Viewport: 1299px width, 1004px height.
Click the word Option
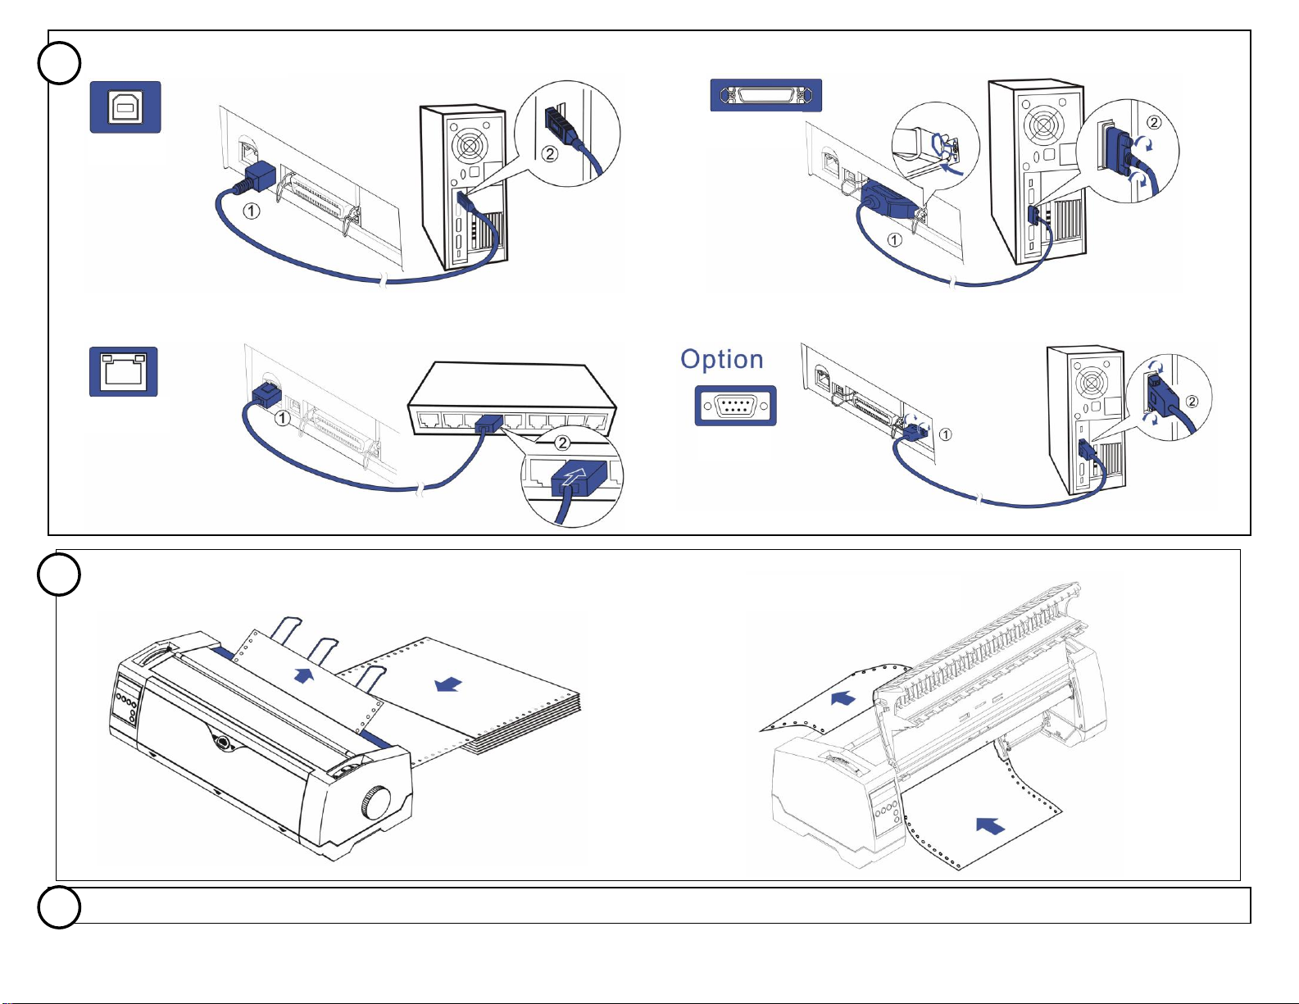point(721,360)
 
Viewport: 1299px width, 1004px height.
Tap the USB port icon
point(125,107)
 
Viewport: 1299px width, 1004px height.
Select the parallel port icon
point(765,95)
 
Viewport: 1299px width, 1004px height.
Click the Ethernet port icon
point(123,372)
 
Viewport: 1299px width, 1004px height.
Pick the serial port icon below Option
point(735,406)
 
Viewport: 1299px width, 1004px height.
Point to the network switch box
point(512,399)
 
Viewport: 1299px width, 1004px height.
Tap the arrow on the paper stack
point(448,683)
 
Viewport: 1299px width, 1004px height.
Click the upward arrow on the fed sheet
point(303,675)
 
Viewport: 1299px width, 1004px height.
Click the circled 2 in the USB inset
point(549,153)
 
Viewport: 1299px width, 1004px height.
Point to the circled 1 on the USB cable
point(252,211)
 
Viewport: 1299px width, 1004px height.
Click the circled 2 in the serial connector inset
point(1192,401)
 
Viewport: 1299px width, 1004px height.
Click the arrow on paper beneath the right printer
point(991,825)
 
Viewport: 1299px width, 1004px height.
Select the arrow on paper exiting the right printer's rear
point(843,698)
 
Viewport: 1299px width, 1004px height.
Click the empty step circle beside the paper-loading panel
point(59,575)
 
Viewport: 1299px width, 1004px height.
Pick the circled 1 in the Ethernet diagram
point(282,418)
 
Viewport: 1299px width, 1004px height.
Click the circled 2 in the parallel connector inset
point(1153,123)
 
